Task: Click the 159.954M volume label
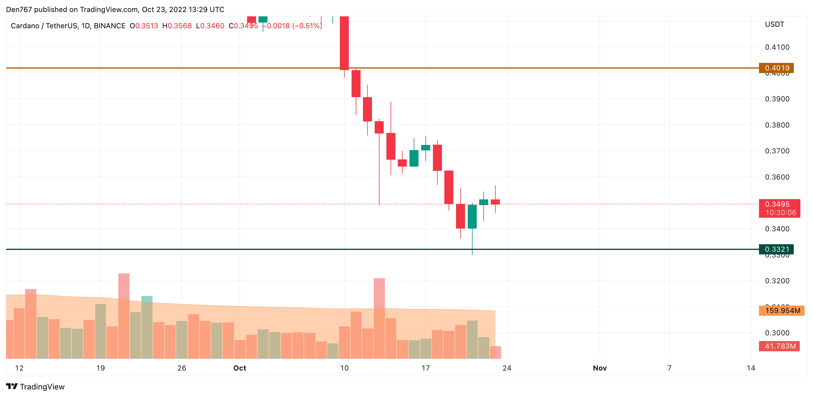[x=781, y=311]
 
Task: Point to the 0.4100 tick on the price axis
[x=777, y=48]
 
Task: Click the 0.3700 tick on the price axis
[x=777, y=151]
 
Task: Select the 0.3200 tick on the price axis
[x=777, y=281]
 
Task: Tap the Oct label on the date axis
[x=240, y=368]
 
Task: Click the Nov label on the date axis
[x=600, y=368]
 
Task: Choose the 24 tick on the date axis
[x=507, y=368]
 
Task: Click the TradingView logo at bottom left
[x=35, y=386]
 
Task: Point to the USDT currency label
[x=774, y=24]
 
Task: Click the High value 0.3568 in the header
[x=179, y=26]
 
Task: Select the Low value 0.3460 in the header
[x=212, y=26]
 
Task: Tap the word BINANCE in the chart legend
[x=110, y=26]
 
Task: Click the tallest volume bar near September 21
[x=124, y=316]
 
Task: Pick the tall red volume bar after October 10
[x=379, y=319]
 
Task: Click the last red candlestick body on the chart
[x=495, y=202]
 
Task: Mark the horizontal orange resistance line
[x=221, y=68]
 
